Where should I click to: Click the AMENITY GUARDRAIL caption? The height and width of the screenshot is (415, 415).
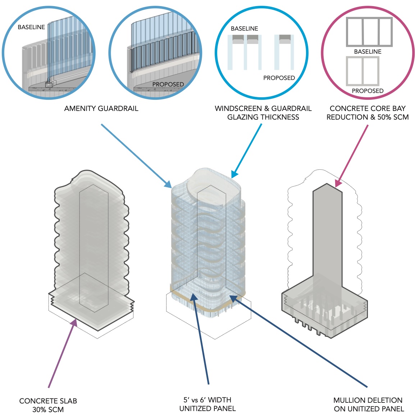[x=101, y=108]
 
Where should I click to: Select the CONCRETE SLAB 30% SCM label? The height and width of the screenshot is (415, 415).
[x=48, y=405]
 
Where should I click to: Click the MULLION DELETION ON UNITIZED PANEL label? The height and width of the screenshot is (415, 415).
[x=369, y=405]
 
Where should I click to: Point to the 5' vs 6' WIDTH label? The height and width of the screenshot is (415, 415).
[x=207, y=400]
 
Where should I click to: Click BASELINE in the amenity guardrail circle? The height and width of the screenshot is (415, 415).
[x=31, y=27]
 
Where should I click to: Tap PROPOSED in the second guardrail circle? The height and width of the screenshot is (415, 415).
[x=168, y=84]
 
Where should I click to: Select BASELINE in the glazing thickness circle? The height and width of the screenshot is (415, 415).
[x=245, y=28]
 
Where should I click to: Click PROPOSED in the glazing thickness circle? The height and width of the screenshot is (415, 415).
[x=279, y=78]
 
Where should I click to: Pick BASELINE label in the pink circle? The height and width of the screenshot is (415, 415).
[x=368, y=52]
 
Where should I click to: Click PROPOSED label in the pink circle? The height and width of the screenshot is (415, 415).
[x=368, y=91]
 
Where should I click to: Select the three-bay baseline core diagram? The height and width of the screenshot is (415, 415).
[x=369, y=32]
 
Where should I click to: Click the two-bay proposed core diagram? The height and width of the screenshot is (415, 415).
[x=362, y=71]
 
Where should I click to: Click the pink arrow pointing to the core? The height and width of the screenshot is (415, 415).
[x=352, y=155]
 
